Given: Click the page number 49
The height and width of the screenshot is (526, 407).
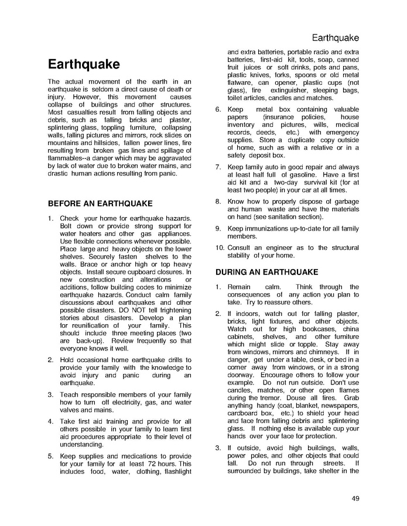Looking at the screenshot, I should coord(355,499).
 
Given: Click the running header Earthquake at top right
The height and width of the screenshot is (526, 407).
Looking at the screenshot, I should coord(336,39).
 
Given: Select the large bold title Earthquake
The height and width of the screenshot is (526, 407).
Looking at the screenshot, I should coord(84,64).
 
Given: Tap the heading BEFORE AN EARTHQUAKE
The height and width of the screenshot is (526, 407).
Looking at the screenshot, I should coord(100,204).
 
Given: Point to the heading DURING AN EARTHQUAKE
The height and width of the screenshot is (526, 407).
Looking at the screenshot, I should coord(267,272).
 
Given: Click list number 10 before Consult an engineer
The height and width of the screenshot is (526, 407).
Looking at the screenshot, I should coord(220,247).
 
